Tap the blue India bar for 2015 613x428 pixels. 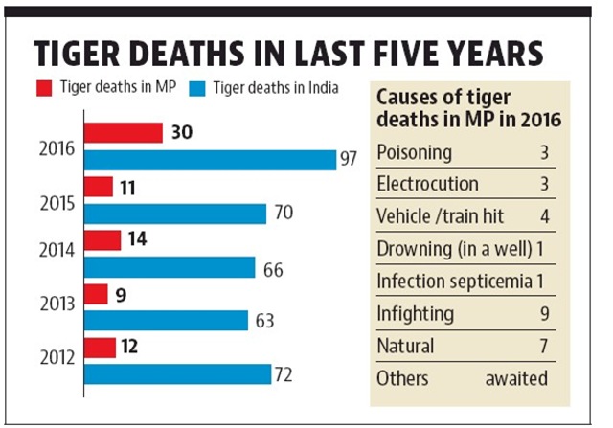pyautogui.click(x=175, y=213)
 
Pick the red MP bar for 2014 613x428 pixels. pyautogui.click(x=102, y=240)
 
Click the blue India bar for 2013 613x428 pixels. pyautogui.click(x=166, y=320)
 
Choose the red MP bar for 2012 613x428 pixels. pyautogui.click(x=101, y=347)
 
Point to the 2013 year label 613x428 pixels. pyautogui.click(x=59, y=304)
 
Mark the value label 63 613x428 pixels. pyautogui.click(x=264, y=320)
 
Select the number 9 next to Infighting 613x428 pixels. pyautogui.click(x=544, y=313)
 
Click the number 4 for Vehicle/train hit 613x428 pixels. pyautogui.click(x=544, y=216)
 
